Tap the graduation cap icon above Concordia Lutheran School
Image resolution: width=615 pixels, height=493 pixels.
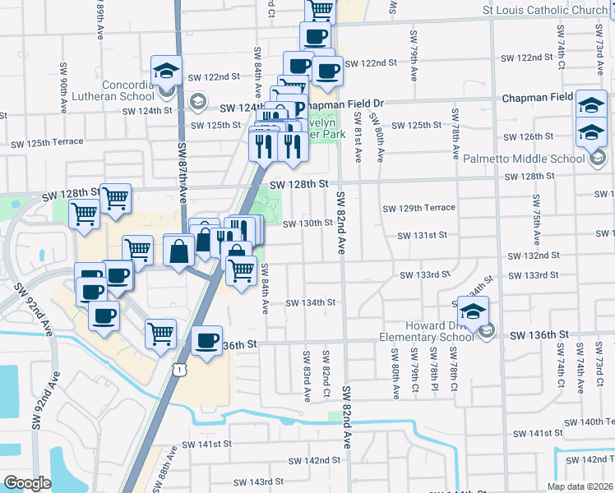click(167, 71)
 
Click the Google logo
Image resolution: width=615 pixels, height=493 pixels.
click(27, 483)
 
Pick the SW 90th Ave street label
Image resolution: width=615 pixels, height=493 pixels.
click(62, 87)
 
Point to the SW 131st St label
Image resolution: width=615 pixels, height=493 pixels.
click(422, 235)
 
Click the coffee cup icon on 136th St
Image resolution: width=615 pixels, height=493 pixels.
click(206, 341)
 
